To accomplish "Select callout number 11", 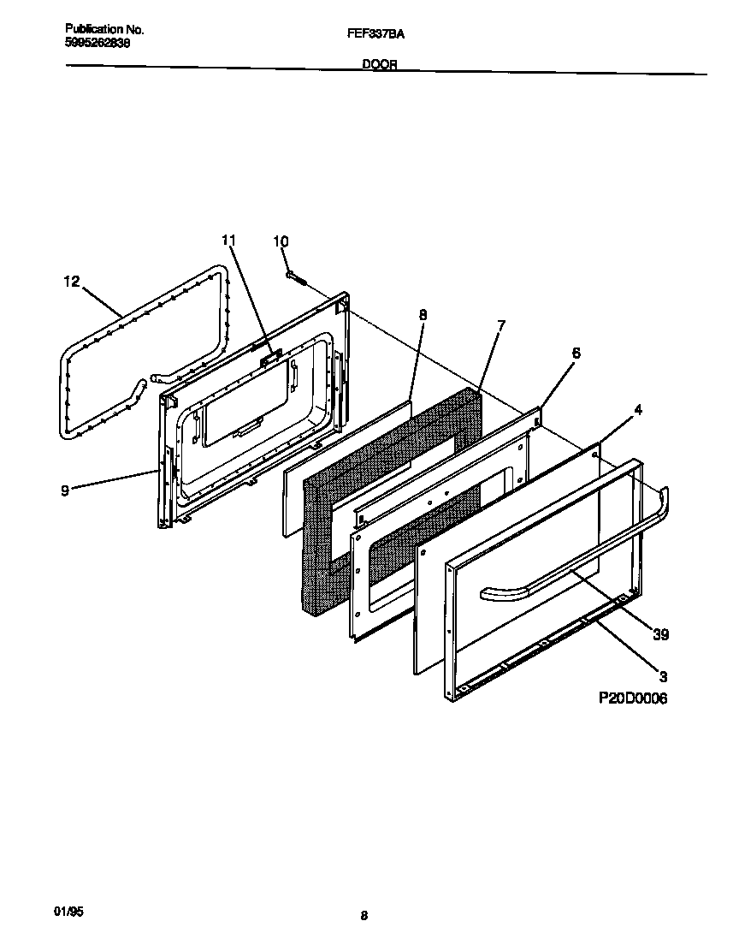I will pos(228,241).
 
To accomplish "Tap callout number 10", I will pos(281,242).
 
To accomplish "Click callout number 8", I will pos(423,314).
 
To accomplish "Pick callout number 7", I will pos(501,325).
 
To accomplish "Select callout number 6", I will pos(576,353).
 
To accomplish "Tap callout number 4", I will pos(637,410).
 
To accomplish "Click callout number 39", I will pos(660,634).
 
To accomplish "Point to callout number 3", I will pos(664,675).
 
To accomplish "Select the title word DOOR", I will pos(380,65).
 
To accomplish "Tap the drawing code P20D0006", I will pos(632,698).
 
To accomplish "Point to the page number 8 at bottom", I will pos(364,916).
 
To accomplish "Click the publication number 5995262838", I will pos(98,42).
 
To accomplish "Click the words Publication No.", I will pos(104,29).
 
